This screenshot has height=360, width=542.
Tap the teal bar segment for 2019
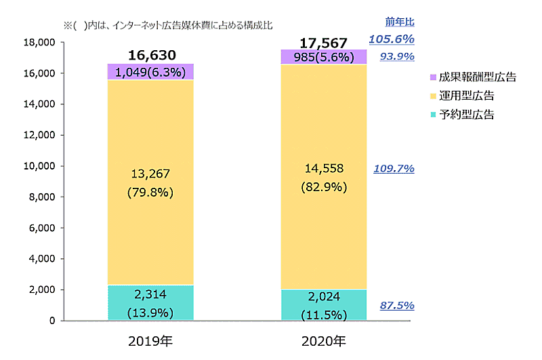[150, 302]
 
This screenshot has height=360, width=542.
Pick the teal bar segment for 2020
[324, 304]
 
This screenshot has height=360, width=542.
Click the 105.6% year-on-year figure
[391, 39]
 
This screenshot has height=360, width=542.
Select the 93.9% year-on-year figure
[396, 56]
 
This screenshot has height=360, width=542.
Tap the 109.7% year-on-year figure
[394, 168]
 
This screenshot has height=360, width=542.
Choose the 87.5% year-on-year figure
[396, 306]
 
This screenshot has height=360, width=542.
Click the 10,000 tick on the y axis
[39, 166]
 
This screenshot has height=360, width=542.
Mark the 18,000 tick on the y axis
[39, 43]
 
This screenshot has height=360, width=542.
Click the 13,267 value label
[150, 175]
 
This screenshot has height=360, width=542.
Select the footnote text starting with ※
[167, 26]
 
